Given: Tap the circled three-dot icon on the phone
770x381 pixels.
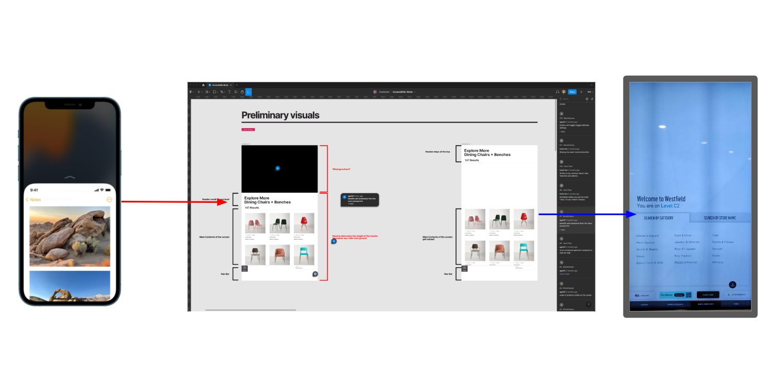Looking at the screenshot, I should [x=109, y=200].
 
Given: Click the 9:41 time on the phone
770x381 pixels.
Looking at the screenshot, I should [x=34, y=190].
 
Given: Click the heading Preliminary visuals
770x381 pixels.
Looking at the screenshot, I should [x=280, y=115].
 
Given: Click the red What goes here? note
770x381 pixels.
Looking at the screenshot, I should [x=341, y=169].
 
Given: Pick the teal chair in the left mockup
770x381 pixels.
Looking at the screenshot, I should [x=304, y=254].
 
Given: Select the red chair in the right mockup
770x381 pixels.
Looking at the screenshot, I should [x=523, y=219].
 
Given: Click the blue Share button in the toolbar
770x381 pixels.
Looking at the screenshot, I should [x=572, y=92].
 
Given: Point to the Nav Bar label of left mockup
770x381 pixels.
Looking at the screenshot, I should [x=225, y=274].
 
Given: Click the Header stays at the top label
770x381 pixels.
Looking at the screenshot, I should [x=437, y=152].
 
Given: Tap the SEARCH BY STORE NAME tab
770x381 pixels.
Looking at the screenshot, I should [x=720, y=218].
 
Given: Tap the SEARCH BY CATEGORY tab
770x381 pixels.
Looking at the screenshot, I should [x=658, y=218].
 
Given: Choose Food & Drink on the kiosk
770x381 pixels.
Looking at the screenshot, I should [x=682, y=235].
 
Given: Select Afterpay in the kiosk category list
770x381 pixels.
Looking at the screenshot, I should [x=717, y=262].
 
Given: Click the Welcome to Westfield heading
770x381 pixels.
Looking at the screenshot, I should [x=661, y=199].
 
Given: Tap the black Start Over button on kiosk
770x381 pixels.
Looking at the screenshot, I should [x=708, y=295].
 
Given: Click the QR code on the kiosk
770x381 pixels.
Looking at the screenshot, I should [x=688, y=295].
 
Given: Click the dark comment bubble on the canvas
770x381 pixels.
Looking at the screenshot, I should [x=360, y=200].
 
